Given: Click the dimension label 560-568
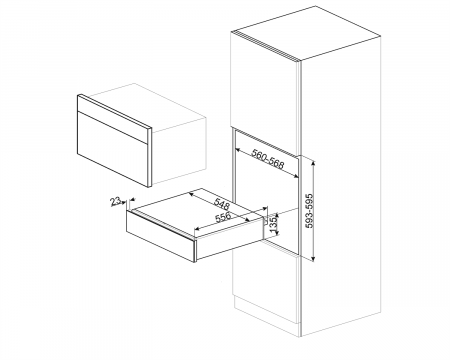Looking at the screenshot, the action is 268,159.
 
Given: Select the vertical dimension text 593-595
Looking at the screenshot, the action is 310,211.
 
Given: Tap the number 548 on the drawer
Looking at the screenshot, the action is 221,203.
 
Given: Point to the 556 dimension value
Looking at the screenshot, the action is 223,217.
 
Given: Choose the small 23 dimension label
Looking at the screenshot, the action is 115,202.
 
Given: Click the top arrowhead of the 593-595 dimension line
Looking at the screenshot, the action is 313,163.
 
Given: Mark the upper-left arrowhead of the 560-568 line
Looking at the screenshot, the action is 237,149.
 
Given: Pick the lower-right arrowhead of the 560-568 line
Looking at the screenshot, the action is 296,176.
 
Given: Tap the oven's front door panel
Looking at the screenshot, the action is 112,149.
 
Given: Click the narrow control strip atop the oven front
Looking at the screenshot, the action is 113,113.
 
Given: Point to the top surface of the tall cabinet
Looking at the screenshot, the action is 307,33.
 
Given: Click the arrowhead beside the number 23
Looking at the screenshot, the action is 123,201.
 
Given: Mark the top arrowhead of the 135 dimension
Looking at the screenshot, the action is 276,215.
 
